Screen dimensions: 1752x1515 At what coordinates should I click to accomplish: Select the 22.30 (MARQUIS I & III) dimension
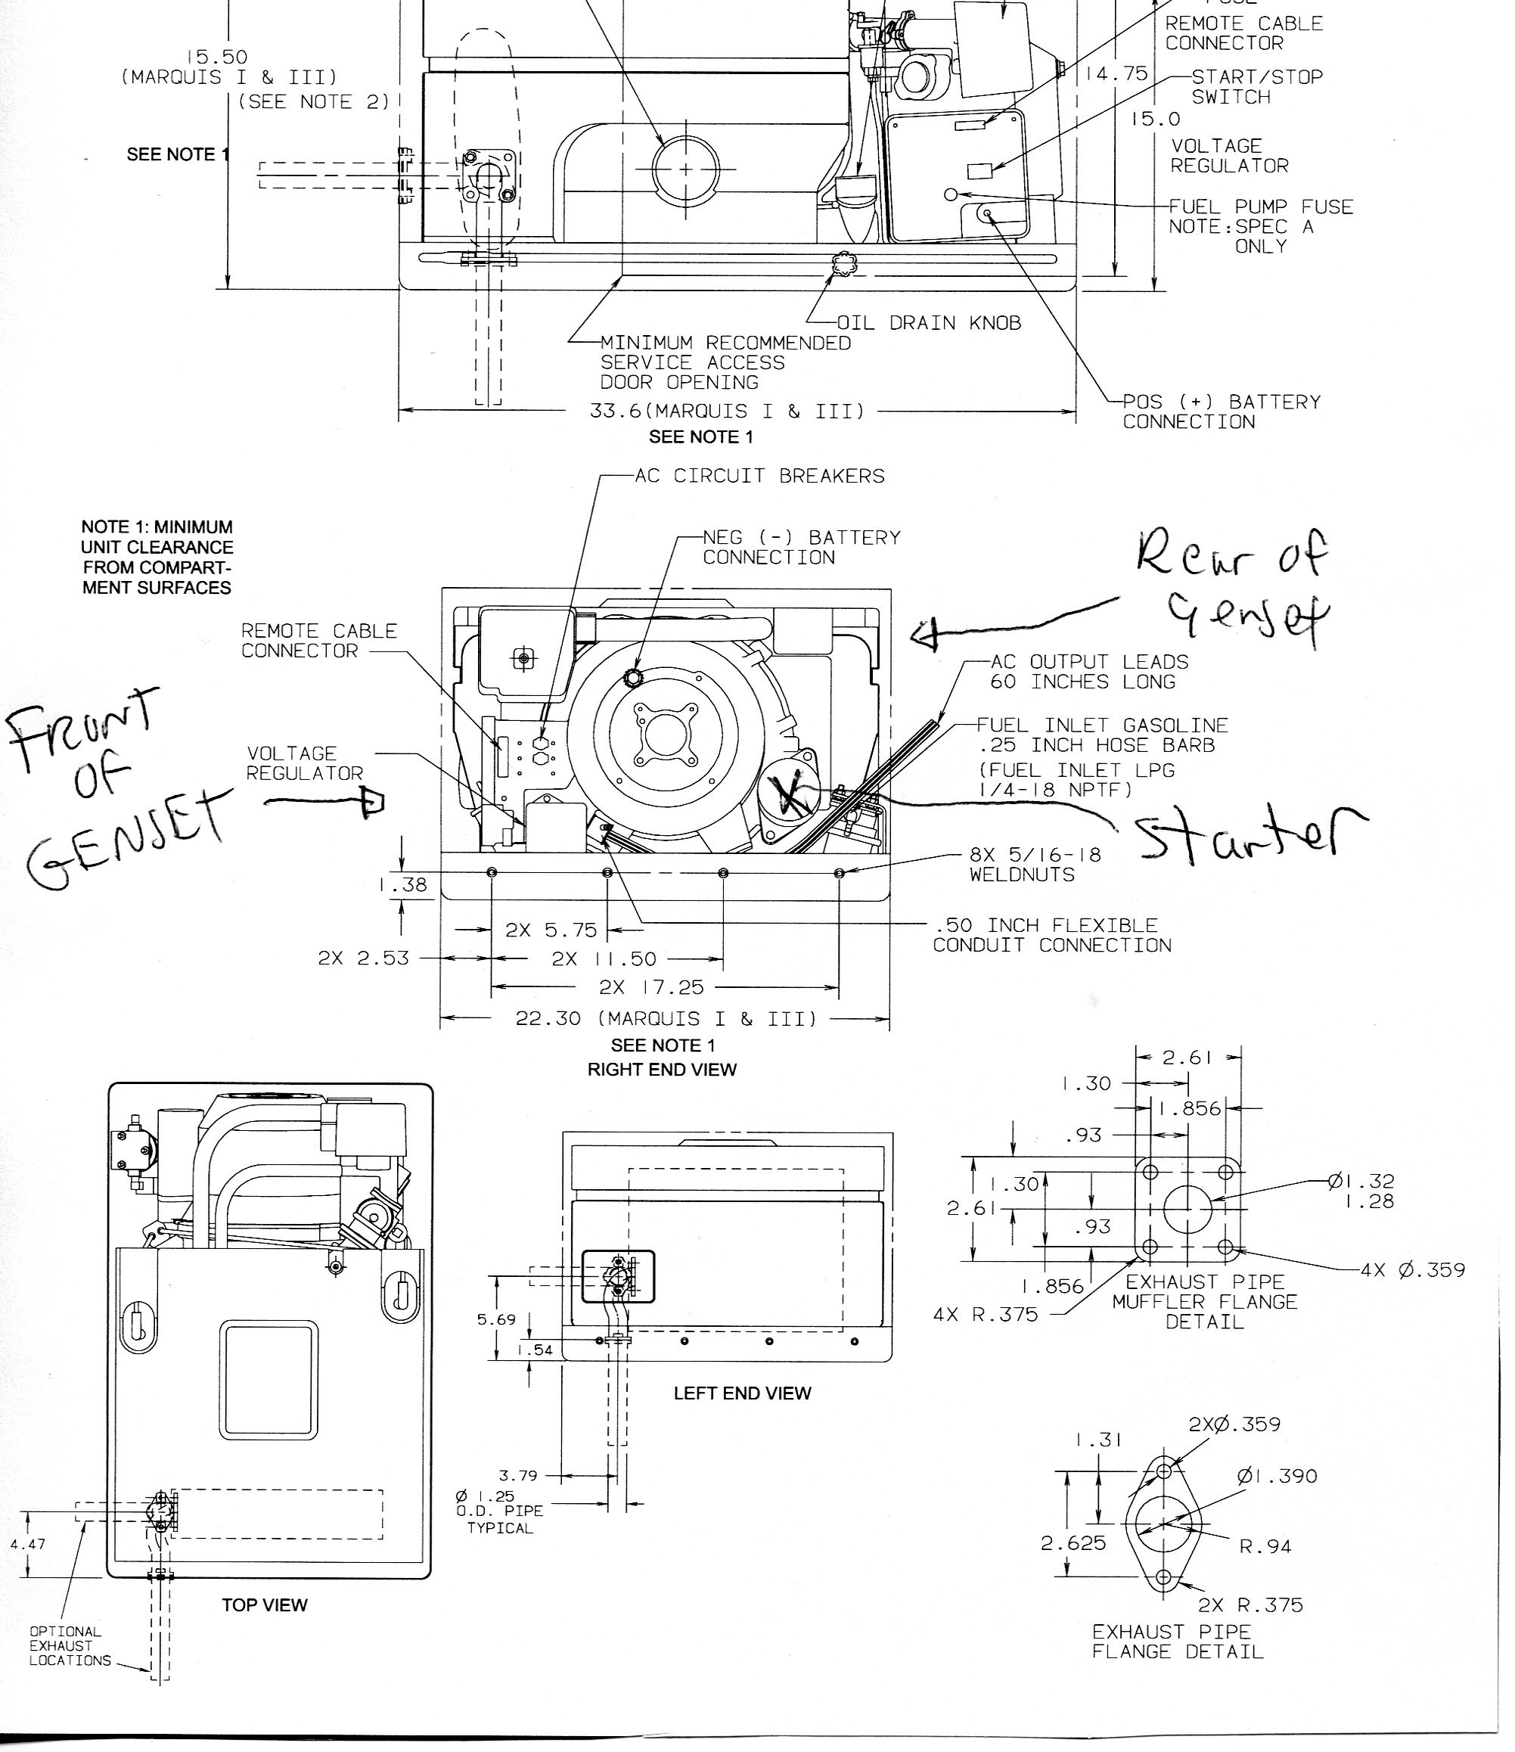(x=666, y=1019)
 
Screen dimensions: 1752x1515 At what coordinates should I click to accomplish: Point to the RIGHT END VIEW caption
(x=662, y=1070)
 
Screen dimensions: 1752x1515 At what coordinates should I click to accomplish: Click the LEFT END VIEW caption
(x=741, y=1393)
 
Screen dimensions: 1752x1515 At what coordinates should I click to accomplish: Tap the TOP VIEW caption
(x=265, y=1605)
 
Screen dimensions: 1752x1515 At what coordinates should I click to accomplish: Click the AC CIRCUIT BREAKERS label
(x=759, y=476)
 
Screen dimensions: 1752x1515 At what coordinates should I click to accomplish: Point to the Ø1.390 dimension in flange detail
(x=1277, y=1477)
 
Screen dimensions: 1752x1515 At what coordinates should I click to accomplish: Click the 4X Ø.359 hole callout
(x=1412, y=1269)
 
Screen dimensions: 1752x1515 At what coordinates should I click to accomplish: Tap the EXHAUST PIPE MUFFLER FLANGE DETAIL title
(x=1204, y=1302)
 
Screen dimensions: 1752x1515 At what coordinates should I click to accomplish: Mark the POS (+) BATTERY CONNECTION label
(x=1221, y=412)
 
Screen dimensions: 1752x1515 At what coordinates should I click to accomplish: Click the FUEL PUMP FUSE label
(x=1259, y=207)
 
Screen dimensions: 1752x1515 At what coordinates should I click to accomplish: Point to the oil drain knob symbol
(x=843, y=265)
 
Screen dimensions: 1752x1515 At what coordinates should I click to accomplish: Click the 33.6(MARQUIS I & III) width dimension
(x=727, y=412)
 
